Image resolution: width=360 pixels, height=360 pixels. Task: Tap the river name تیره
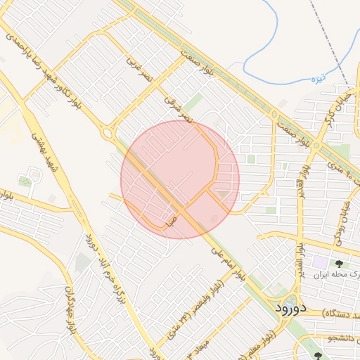tap(318, 79)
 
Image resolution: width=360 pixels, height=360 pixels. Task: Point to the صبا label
tap(172, 220)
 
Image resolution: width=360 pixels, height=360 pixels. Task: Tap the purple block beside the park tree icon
tap(321, 262)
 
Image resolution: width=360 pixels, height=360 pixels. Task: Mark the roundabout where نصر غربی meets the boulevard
tap(109, 131)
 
